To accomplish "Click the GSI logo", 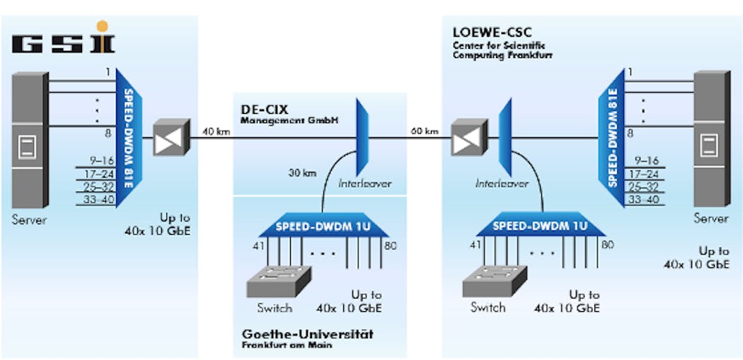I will (x=63, y=40).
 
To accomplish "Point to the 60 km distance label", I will (x=424, y=131).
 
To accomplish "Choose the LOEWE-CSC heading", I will (x=493, y=33).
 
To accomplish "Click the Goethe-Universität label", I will (x=307, y=334).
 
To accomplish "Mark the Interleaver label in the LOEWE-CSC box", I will (x=502, y=183).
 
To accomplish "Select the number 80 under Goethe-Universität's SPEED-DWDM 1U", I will (x=390, y=246).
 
